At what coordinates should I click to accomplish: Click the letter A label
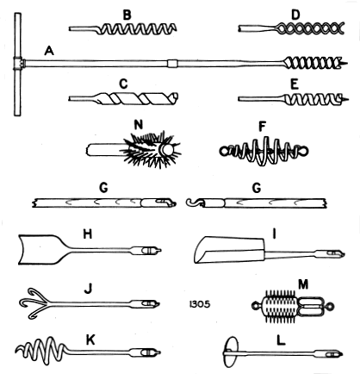pyautogui.click(x=49, y=51)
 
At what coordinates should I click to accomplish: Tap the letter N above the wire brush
pyautogui.click(x=139, y=125)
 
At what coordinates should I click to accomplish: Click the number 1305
pyautogui.click(x=200, y=304)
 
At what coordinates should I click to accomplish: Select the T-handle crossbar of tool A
pyautogui.click(x=17, y=65)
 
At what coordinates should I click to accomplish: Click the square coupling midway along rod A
pyautogui.click(x=172, y=64)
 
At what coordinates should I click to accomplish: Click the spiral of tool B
pyautogui.click(x=136, y=29)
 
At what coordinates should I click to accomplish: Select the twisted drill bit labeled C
pyautogui.click(x=123, y=98)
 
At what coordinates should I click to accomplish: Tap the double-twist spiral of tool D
pyautogui.click(x=310, y=28)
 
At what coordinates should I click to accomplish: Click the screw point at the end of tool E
pyautogui.click(x=344, y=99)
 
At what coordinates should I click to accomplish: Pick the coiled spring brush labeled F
pyautogui.click(x=264, y=151)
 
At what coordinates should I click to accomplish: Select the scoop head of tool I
pyautogui.click(x=229, y=250)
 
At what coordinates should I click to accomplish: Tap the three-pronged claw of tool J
pyautogui.click(x=36, y=303)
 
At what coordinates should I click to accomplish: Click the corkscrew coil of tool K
pyautogui.click(x=43, y=348)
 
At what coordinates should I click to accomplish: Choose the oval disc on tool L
pyautogui.click(x=231, y=352)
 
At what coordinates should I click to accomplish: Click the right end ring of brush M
pyautogui.click(x=330, y=307)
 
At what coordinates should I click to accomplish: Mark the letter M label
pyautogui.click(x=303, y=284)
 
